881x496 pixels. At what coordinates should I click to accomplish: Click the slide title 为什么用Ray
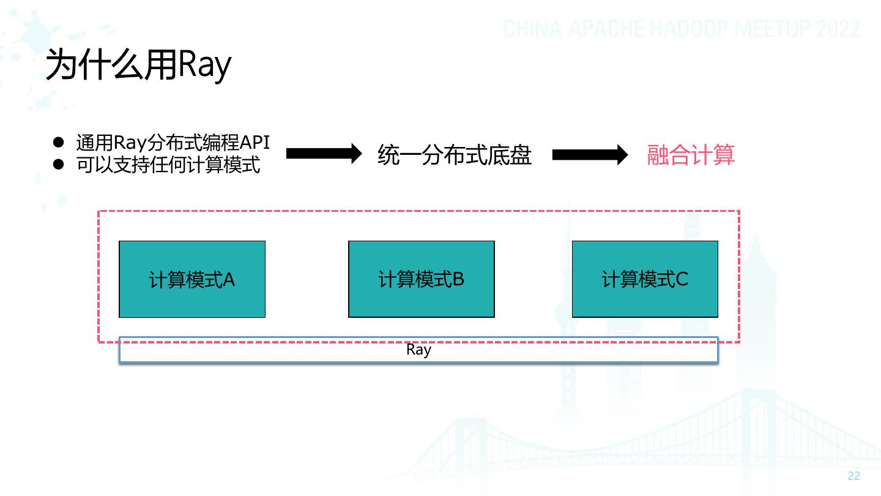click(x=138, y=65)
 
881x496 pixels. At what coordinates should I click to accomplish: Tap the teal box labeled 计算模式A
click(x=192, y=279)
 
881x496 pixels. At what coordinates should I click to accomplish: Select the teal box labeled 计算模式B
click(x=421, y=279)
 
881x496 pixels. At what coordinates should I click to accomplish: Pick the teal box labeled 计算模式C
click(x=645, y=279)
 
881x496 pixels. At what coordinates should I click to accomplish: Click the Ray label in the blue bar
click(x=418, y=350)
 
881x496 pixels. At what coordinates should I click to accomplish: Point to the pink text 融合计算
click(x=691, y=155)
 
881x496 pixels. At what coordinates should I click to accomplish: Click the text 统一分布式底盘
click(x=454, y=155)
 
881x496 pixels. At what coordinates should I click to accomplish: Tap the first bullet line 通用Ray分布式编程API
click(x=173, y=143)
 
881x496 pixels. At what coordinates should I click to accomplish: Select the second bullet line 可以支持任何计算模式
click(x=168, y=165)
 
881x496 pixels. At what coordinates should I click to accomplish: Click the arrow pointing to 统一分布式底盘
click(x=324, y=154)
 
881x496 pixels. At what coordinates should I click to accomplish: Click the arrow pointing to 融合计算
click(x=590, y=155)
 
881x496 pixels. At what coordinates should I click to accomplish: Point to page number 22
click(x=854, y=476)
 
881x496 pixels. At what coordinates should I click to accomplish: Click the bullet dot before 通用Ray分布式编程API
click(x=58, y=142)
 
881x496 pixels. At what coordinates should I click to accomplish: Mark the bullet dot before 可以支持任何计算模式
click(x=58, y=165)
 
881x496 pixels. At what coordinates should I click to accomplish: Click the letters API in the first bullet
click(x=255, y=143)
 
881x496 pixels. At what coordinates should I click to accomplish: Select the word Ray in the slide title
click(x=204, y=66)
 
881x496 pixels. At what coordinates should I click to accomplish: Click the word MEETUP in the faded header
click(x=771, y=29)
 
